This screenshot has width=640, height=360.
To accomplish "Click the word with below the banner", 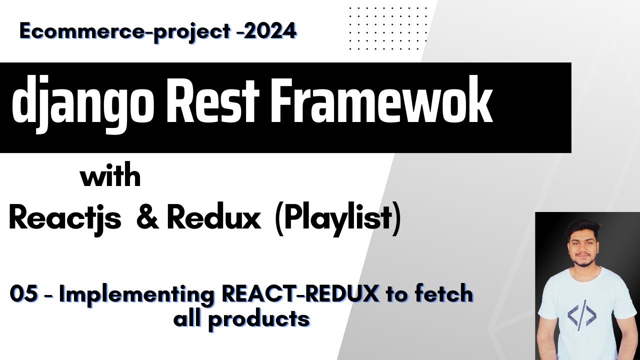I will pos(110,177).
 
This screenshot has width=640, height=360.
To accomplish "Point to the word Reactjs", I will pos(65,218).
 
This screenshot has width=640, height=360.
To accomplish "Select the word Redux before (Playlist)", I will pos(213,218).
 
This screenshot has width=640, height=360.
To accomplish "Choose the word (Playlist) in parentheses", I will pos(337,218).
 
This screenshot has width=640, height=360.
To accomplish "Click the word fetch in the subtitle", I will pos(443,294).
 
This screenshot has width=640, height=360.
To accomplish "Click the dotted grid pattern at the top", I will pos(388,28).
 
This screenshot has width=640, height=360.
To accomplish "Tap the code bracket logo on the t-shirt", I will pos(581,315).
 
